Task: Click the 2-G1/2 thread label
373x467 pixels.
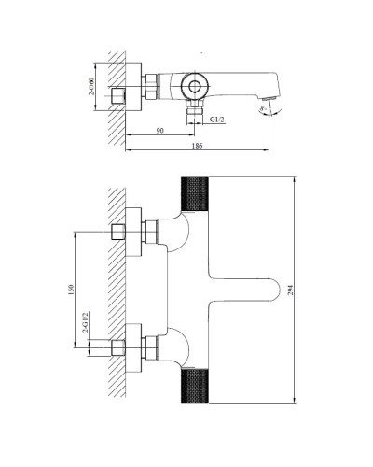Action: [85, 329]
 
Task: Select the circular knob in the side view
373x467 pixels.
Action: [196, 88]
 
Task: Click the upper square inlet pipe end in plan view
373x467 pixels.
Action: [117, 232]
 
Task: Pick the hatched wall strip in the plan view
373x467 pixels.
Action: [116, 290]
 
